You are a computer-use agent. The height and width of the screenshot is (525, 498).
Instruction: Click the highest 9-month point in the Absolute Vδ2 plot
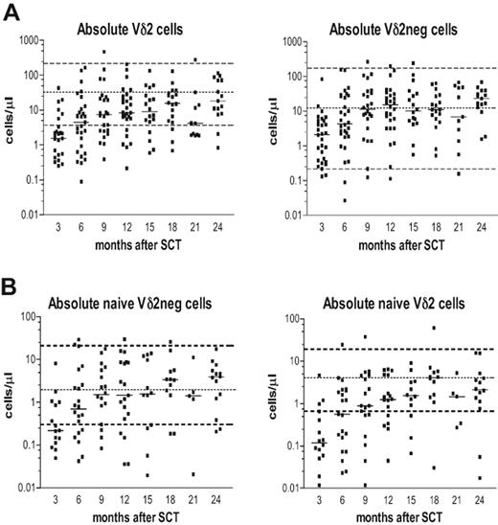point(103,52)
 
